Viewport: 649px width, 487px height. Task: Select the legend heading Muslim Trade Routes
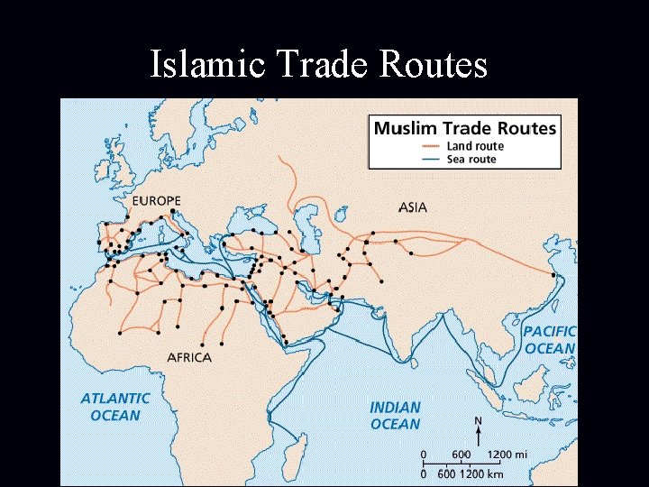[465, 128]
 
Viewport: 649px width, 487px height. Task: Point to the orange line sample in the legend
[431, 146]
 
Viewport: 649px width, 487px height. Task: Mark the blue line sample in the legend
[431, 160]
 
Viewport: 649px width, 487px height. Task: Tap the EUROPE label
[156, 200]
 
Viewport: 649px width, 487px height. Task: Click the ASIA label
[413, 207]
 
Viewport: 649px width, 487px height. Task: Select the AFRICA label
[189, 357]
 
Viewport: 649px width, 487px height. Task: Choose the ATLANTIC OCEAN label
[115, 407]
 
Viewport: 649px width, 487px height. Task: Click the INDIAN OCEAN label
[395, 416]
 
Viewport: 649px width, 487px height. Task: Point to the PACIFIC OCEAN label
[549, 340]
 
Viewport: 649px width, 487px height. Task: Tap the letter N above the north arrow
[478, 420]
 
